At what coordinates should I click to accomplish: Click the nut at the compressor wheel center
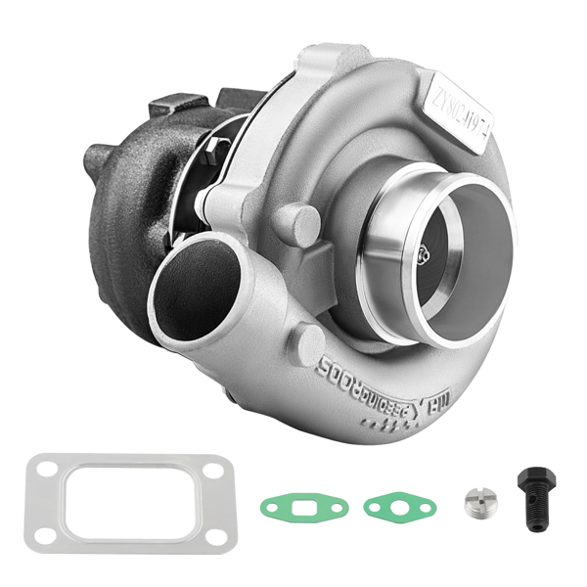coord(422,257)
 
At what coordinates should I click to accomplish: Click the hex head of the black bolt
coord(529,477)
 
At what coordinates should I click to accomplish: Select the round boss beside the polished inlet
coord(299,224)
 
